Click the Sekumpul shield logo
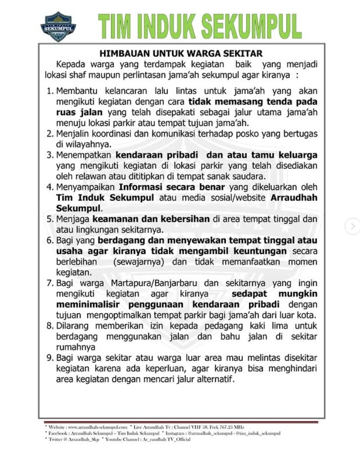pos(58,26)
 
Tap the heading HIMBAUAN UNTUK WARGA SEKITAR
pos(181,53)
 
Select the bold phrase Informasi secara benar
pos(171,187)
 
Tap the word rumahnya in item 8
pos(75,347)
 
